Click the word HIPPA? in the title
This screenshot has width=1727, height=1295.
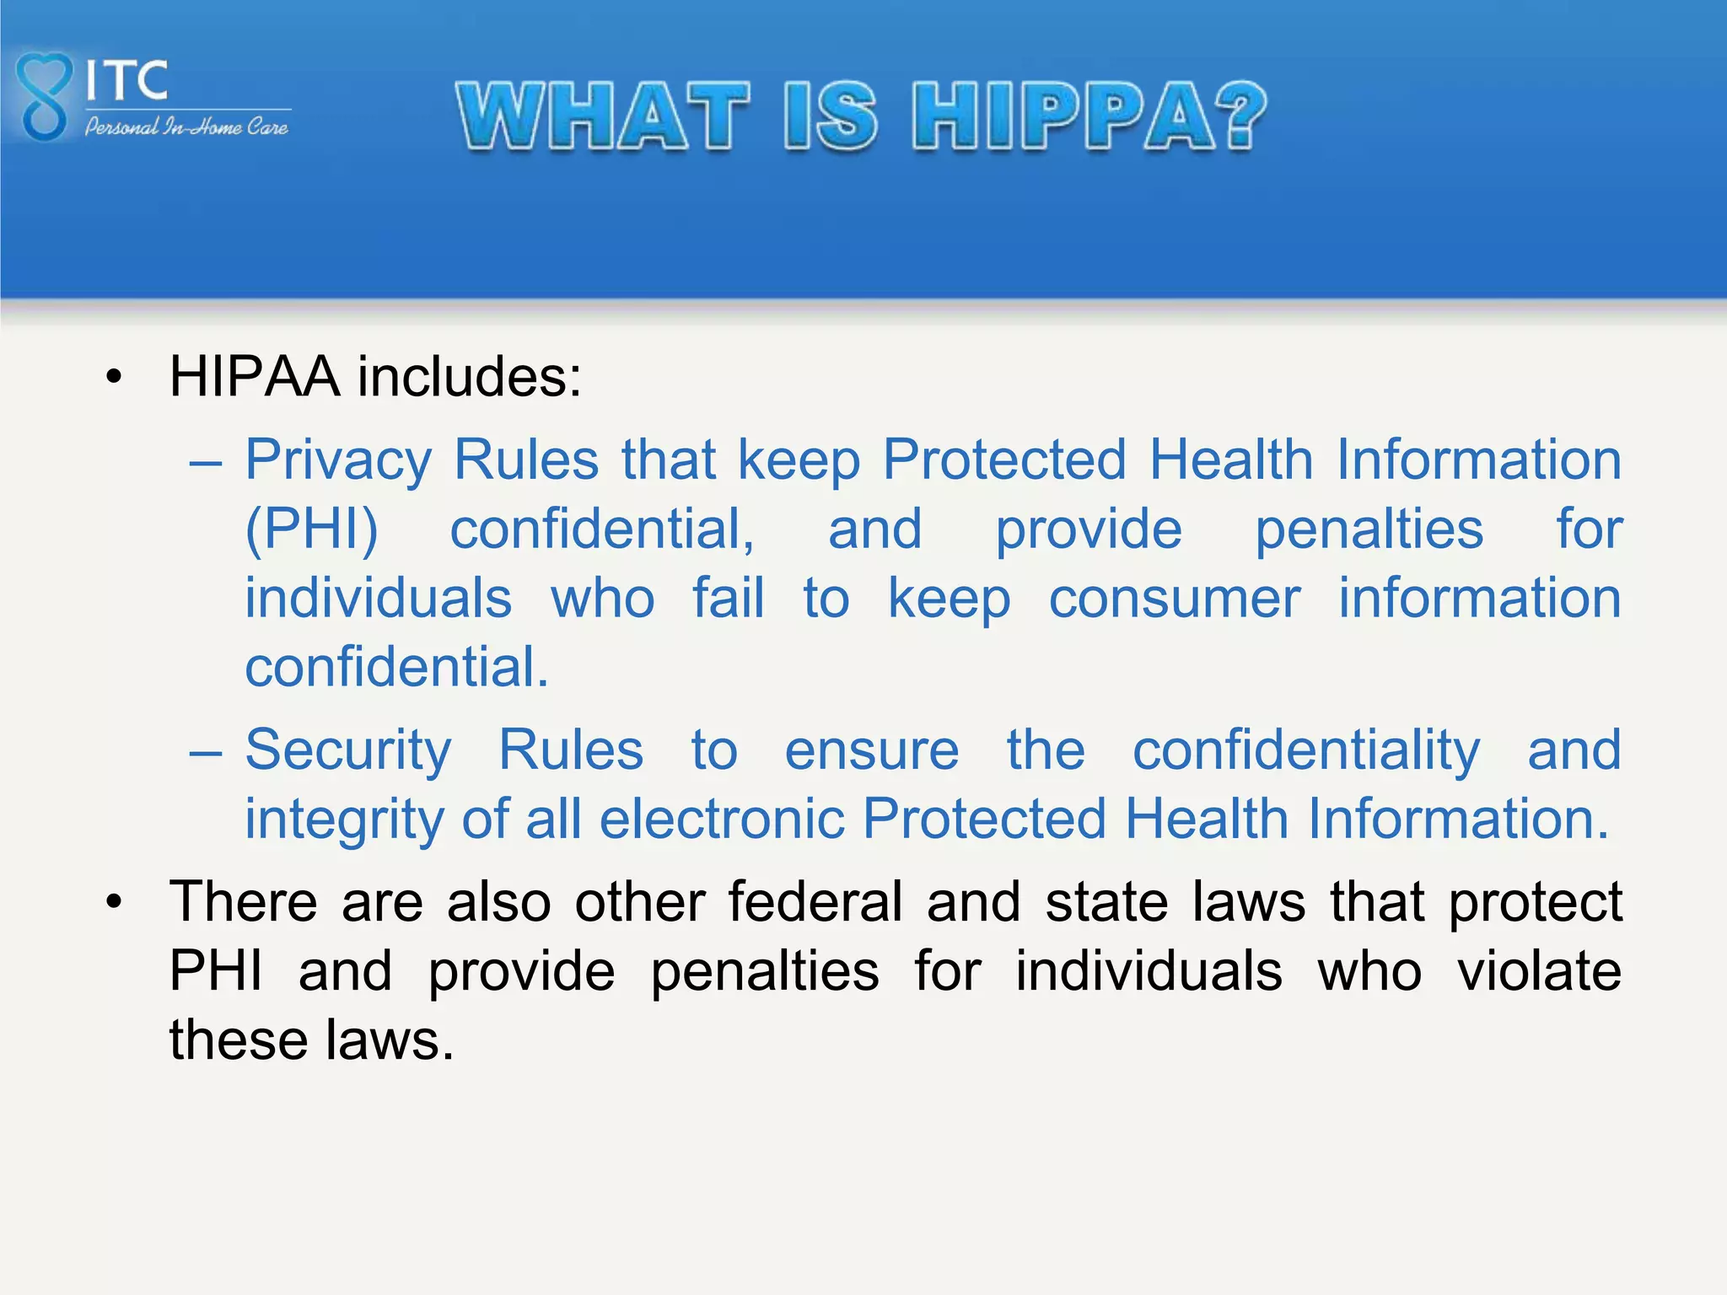(1089, 116)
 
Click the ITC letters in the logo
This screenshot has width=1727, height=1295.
(127, 81)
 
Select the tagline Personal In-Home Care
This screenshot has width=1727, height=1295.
(186, 127)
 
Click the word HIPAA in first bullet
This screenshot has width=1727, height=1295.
(255, 376)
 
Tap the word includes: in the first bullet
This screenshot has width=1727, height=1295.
(470, 376)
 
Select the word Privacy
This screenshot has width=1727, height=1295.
(338, 460)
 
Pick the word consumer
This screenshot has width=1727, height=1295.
(1174, 599)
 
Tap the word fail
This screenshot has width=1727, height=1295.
(729, 599)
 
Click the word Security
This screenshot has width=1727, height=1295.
(348, 750)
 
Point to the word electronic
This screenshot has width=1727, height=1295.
(722, 819)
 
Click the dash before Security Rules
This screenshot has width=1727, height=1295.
(206, 750)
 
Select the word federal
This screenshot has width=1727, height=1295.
(815, 902)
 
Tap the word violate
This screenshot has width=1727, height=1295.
(1539, 971)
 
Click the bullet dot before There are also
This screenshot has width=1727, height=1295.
(115, 902)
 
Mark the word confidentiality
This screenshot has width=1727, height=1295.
(1305, 750)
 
